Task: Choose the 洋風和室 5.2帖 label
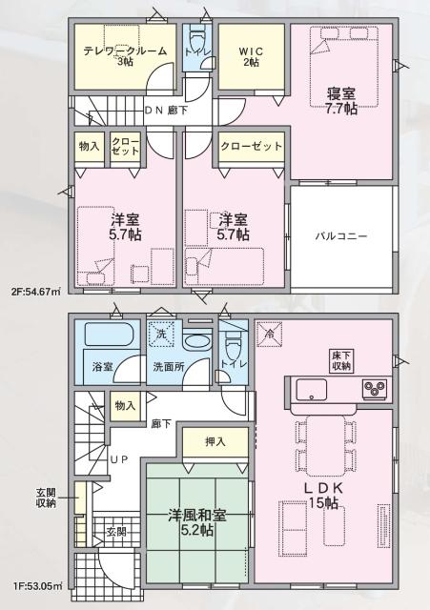(x=198, y=522)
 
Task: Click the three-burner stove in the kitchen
(x=373, y=390)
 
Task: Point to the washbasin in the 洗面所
(x=198, y=342)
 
